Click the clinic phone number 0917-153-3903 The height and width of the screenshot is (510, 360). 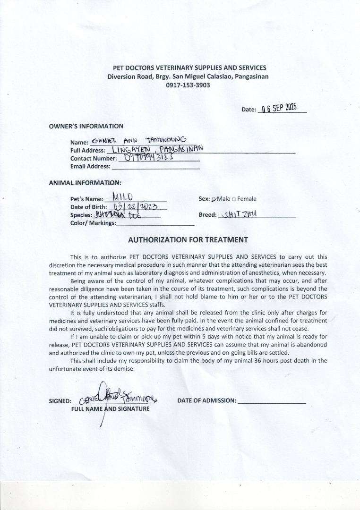[188, 85]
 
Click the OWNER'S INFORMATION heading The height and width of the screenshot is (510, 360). [86, 126]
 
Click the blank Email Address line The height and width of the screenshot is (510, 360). [155, 166]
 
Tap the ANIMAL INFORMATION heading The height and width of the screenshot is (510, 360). [85, 183]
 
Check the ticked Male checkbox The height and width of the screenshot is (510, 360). [214, 199]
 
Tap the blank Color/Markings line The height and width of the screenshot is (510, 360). [155, 223]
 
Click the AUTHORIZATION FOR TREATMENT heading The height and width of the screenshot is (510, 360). [188, 240]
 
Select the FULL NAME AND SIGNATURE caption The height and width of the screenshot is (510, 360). [110, 408]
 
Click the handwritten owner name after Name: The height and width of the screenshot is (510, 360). [139, 140]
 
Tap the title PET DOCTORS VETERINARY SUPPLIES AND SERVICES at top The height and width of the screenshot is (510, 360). [187, 68]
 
